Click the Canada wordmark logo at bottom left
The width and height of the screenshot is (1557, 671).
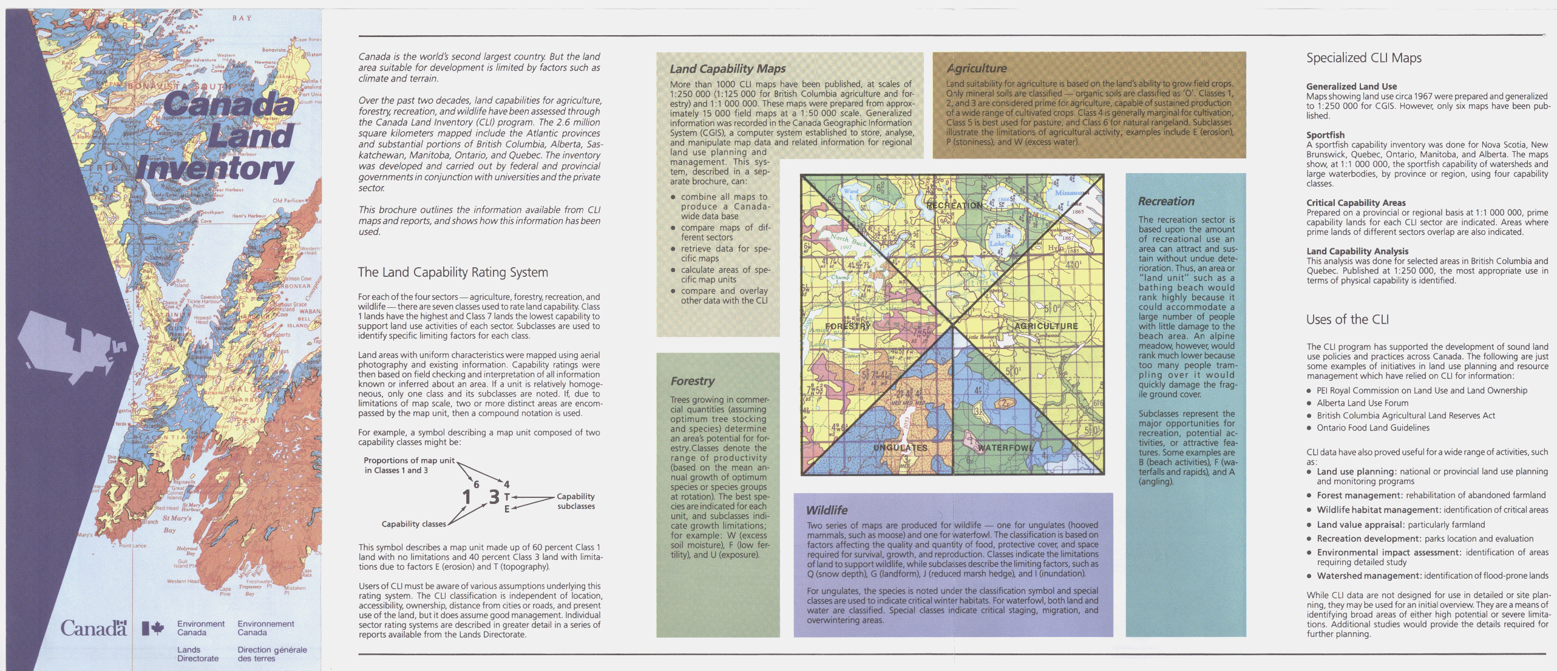(93, 628)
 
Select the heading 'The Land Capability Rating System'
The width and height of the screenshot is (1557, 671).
(453, 273)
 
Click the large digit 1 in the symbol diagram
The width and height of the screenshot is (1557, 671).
(466, 497)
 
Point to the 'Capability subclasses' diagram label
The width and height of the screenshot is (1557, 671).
(575, 501)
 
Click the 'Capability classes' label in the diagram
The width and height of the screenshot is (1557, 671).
(413, 524)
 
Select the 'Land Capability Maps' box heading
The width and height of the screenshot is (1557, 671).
(727, 69)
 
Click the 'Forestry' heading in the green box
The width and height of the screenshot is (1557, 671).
(692, 381)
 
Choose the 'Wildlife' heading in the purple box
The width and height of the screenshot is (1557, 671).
(826, 511)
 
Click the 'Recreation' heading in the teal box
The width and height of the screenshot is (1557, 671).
(1165, 202)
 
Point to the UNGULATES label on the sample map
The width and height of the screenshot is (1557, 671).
(900, 448)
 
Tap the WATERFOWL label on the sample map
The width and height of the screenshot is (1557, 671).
(1005, 448)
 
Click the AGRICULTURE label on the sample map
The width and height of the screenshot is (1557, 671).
(1046, 326)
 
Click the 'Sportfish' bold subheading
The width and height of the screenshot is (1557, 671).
(1325, 135)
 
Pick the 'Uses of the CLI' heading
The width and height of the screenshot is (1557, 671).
(1347, 320)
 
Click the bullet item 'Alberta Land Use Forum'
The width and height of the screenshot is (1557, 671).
(1362, 403)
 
